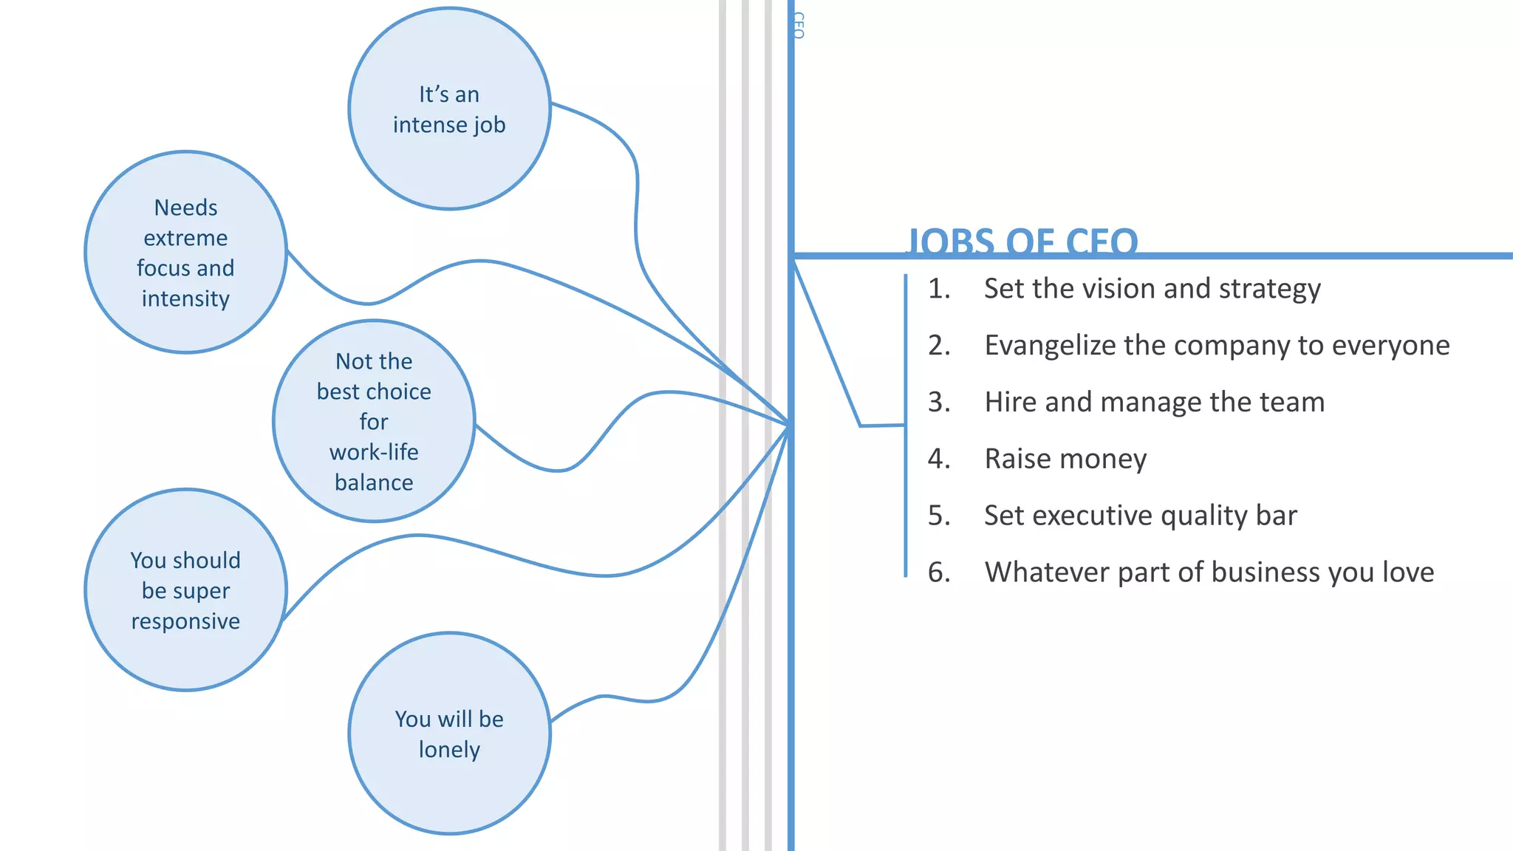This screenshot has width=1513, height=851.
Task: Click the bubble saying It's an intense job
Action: pos(449,109)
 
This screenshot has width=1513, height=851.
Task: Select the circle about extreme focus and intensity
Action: pos(185,253)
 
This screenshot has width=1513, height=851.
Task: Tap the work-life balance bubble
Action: pos(374,421)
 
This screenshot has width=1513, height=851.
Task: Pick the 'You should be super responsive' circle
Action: pos(185,590)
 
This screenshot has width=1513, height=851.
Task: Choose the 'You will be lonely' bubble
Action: pos(449,734)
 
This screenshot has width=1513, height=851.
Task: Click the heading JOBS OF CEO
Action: pos(1022,242)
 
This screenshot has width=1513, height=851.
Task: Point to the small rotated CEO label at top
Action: pos(798,25)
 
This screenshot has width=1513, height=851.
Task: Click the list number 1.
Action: pos(938,289)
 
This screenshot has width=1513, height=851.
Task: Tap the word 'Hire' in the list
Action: pos(1011,403)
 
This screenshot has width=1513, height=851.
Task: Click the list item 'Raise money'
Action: pos(1065,459)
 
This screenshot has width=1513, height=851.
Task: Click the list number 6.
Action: pos(938,573)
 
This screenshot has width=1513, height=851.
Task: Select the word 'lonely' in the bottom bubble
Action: pos(449,750)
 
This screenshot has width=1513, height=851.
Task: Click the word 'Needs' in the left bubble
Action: pos(185,208)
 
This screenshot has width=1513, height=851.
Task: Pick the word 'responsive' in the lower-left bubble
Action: pos(185,621)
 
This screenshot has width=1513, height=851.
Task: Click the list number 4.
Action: pos(938,459)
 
